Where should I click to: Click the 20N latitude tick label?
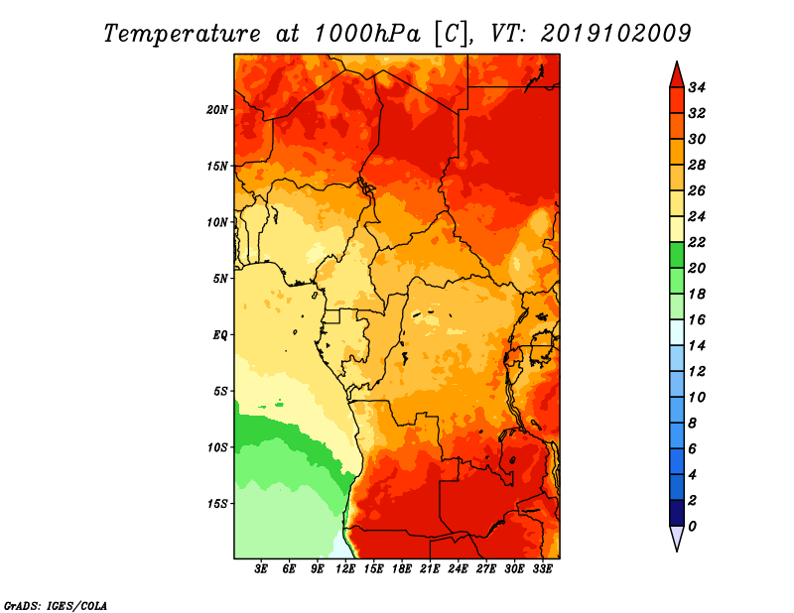tap(217, 109)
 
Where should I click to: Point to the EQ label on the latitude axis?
tap(220, 334)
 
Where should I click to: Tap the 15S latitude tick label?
tap(217, 503)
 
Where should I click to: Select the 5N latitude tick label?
tap(220, 278)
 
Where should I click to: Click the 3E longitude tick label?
tap(261, 569)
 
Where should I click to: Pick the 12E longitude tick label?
tap(345, 569)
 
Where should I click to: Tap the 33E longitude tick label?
tap(542, 569)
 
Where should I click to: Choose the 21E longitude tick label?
tap(430, 569)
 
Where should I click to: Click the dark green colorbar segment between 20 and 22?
tap(676, 255)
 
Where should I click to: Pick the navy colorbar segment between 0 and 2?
tap(676, 513)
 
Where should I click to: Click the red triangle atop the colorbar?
tap(676, 74)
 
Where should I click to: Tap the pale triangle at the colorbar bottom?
tap(676, 538)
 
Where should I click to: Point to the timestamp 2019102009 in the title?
tap(615, 33)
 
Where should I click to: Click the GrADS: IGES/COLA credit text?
tap(56, 604)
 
